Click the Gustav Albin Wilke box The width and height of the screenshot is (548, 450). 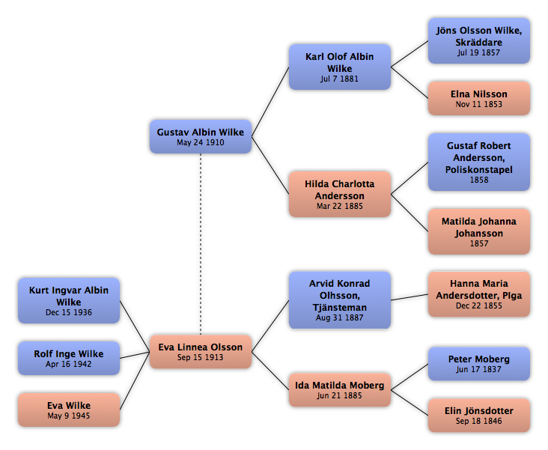201,137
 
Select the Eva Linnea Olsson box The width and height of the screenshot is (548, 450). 201,352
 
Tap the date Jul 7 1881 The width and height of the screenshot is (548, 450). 339,79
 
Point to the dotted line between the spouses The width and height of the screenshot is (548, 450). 201,244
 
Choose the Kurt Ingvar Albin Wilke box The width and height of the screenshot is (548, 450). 69,301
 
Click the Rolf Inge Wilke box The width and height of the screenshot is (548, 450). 69,359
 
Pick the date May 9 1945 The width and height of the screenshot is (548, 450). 69,416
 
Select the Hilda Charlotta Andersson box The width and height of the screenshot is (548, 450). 340,194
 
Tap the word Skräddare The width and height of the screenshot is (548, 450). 479,43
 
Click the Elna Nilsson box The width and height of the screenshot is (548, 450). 479,98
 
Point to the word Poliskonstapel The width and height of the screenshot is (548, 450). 479,169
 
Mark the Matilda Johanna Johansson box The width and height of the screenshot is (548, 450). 479,231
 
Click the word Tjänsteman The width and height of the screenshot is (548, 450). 340,307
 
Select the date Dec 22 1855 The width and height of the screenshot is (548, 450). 479,305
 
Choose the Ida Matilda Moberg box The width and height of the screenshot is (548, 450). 340,390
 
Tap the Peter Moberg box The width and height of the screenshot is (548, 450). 479,364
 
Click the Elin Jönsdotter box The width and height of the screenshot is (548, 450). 479,416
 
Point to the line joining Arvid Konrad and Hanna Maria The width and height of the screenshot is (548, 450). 410,297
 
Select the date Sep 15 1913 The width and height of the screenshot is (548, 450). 200,357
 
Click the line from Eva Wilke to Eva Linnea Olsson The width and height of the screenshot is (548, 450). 135,381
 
